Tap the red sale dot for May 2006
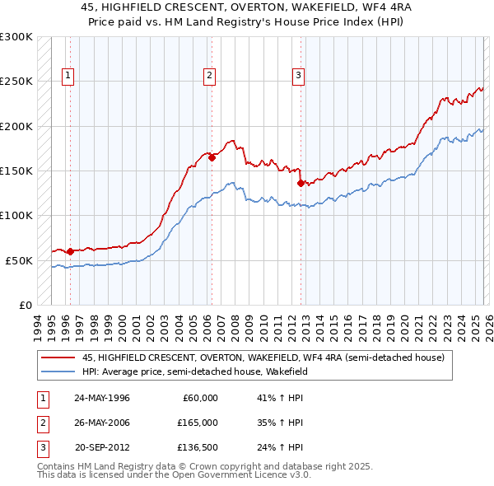pyautogui.click(x=212, y=157)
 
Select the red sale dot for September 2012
pyautogui.click(x=301, y=183)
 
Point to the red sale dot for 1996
pyautogui.click(x=70, y=251)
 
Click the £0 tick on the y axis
pyautogui.click(x=24, y=305)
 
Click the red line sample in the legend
pyautogui.click(x=58, y=358)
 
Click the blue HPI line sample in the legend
pyautogui.click(x=58, y=372)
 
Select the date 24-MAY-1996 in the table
pyautogui.click(x=102, y=398)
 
